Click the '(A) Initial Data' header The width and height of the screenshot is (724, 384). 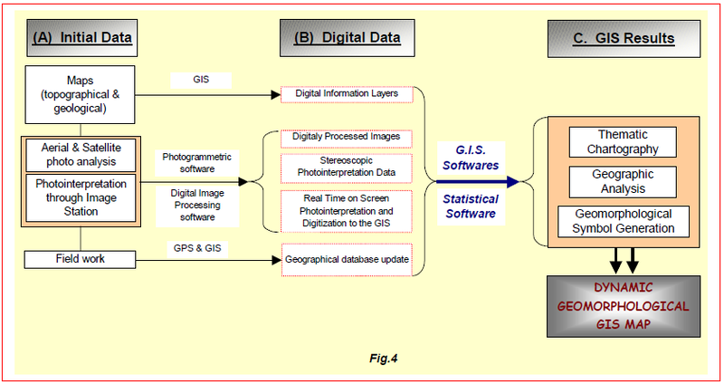[82, 38]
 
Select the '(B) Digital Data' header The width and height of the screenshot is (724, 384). [347, 38]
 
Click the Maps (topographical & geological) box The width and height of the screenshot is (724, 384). [81, 92]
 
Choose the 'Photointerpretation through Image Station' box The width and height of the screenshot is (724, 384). [81, 197]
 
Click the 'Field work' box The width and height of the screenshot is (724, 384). [81, 259]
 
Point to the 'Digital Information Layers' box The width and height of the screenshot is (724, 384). [347, 92]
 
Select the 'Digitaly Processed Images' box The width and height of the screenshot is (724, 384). [347, 138]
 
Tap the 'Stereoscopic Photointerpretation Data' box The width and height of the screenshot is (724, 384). [347, 169]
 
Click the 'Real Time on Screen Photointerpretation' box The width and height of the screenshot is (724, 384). [347, 211]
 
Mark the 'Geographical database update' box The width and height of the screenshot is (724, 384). [347, 260]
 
